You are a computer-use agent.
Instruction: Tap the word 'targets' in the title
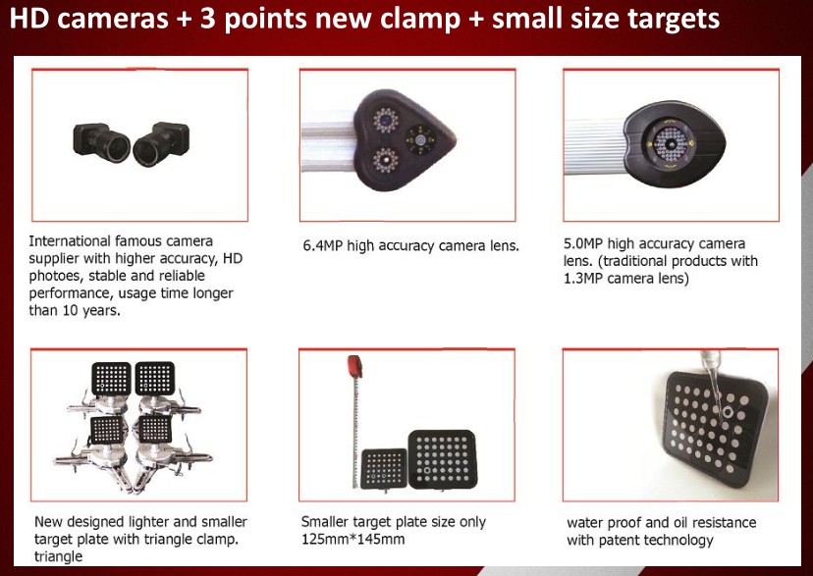pyautogui.click(x=673, y=19)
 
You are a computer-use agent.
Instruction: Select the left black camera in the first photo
pyautogui.click(x=102, y=142)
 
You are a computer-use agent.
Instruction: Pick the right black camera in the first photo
pyautogui.click(x=161, y=143)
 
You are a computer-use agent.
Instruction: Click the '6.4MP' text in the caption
pyautogui.click(x=322, y=245)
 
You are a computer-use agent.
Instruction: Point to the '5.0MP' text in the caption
pyautogui.click(x=583, y=243)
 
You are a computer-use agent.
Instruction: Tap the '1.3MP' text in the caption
pyautogui.click(x=583, y=279)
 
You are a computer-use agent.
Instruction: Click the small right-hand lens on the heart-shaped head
pyautogui.click(x=421, y=138)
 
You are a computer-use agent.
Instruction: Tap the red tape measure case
pyautogui.click(x=355, y=365)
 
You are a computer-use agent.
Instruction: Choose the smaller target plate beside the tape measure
pyautogui.click(x=384, y=468)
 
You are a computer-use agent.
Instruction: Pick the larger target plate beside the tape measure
pyautogui.click(x=442, y=459)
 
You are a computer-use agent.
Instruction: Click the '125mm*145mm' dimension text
pyautogui.click(x=352, y=540)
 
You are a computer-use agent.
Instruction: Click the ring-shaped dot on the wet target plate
pyautogui.click(x=728, y=412)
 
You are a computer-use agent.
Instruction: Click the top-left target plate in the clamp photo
pyautogui.click(x=111, y=378)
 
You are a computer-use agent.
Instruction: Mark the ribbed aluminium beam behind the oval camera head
pyautogui.click(x=595, y=146)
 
